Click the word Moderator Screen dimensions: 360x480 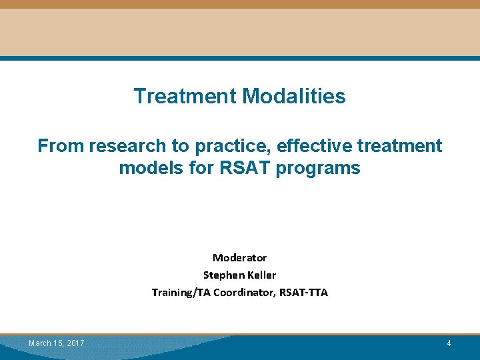(239, 257)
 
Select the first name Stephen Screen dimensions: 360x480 (222, 275)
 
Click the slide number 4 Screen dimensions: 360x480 (449, 343)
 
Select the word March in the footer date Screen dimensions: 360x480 (39, 343)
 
